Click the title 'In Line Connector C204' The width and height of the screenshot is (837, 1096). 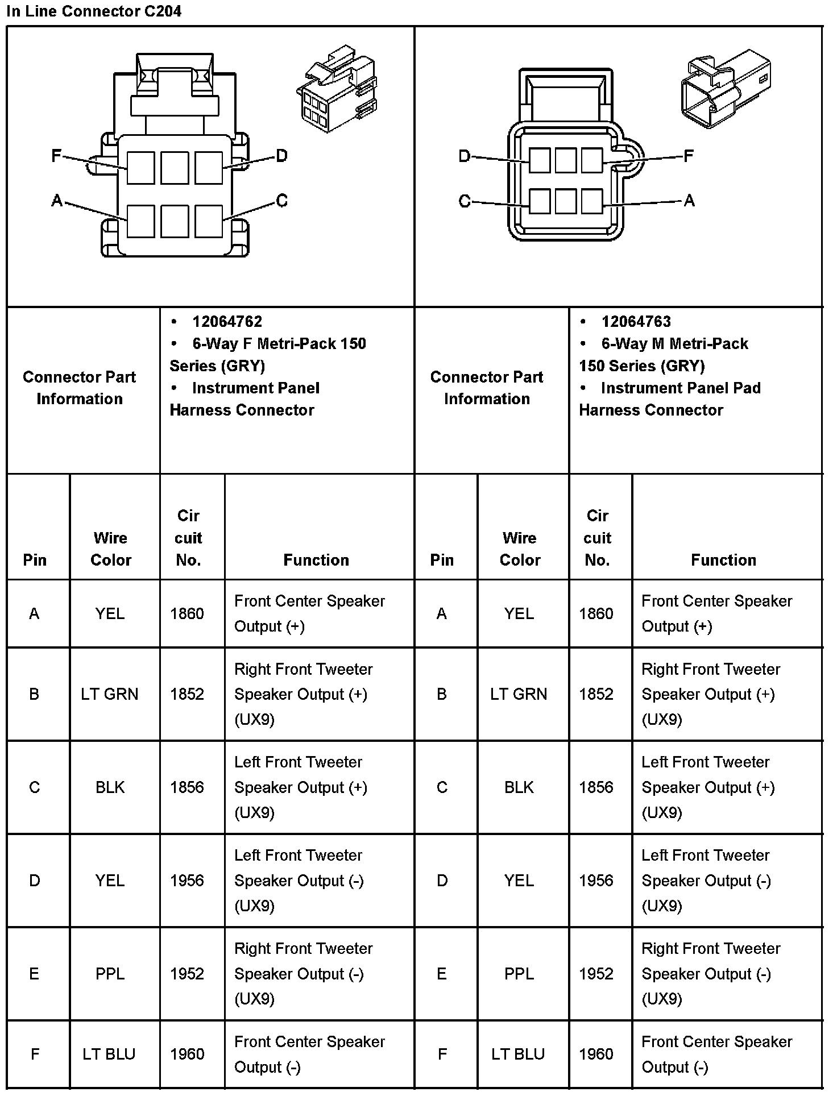(x=94, y=11)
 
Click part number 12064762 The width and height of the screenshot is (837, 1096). (x=227, y=322)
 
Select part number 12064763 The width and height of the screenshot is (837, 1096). (x=636, y=322)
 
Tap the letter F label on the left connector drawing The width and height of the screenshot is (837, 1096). (x=56, y=155)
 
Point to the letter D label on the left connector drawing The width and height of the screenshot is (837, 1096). (x=281, y=155)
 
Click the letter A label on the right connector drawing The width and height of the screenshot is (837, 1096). (x=689, y=200)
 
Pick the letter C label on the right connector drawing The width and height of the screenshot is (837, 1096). (x=465, y=201)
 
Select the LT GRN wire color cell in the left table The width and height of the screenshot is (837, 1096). (x=110, y=694)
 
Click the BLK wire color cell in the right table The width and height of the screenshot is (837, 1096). (x=519, y=787)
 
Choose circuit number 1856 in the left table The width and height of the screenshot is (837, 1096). (x=187, y=787)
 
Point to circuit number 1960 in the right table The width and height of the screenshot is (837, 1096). (x=596, y=1055)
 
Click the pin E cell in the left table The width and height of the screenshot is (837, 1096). (x=34, y=974)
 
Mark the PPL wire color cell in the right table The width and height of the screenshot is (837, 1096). (x=519, y=974)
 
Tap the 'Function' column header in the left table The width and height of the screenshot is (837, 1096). (x=316, y=560)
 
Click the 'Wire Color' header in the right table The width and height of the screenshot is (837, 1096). (x=520, y=549)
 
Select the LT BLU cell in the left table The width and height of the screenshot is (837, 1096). (x=109, y=1055)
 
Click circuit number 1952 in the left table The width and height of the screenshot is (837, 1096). (x=187, y=974)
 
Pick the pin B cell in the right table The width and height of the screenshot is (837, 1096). (x=442, y=694)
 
